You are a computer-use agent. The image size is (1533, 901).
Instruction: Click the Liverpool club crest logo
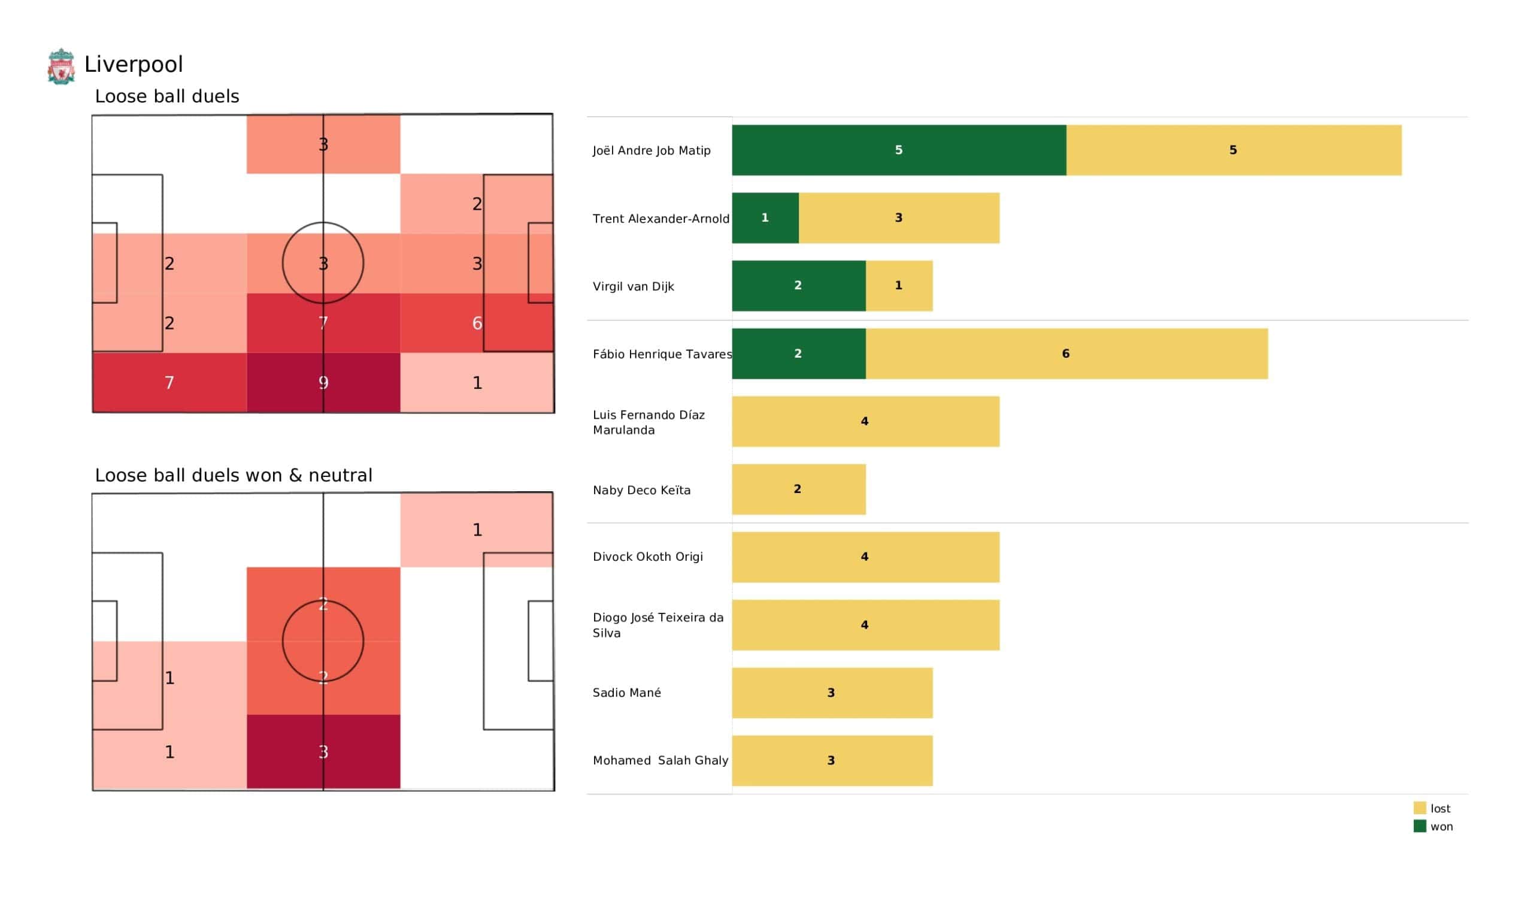pos(61,66)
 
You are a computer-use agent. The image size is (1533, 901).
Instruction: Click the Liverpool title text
pos(133,65)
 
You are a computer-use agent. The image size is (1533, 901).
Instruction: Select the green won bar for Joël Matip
pos(898,150)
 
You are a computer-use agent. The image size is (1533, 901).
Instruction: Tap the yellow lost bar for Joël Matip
pos(1233,150)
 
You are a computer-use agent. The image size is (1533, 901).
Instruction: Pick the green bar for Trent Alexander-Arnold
pos(765,218)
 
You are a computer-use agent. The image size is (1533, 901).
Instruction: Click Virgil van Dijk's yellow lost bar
pos(898,286)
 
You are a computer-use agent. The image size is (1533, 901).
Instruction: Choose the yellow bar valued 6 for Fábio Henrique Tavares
pos(1066,353)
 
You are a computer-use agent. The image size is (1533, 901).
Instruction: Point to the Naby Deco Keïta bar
pos(798,489)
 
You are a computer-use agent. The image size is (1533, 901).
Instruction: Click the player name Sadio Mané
pos(626,693)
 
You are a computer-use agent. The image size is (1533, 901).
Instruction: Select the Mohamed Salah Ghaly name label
pos(660,760)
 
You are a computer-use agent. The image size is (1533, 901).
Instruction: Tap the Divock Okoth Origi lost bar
pos(865,557)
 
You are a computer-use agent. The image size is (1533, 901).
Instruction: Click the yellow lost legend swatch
pos(1419,809)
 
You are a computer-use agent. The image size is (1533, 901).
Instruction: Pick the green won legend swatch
pos(1419,827)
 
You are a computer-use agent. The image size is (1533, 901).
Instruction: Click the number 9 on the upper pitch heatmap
pos(323,383)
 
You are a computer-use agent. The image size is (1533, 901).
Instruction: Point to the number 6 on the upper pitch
pos(477,323)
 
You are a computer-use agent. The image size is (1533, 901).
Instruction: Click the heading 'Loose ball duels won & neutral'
pos(234,476)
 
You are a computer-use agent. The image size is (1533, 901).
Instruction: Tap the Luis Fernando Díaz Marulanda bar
pos(865,422)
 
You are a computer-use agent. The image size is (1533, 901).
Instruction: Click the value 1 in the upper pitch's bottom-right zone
pos(477,383)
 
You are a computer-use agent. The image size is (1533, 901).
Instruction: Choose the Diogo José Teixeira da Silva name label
pos(658,625)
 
